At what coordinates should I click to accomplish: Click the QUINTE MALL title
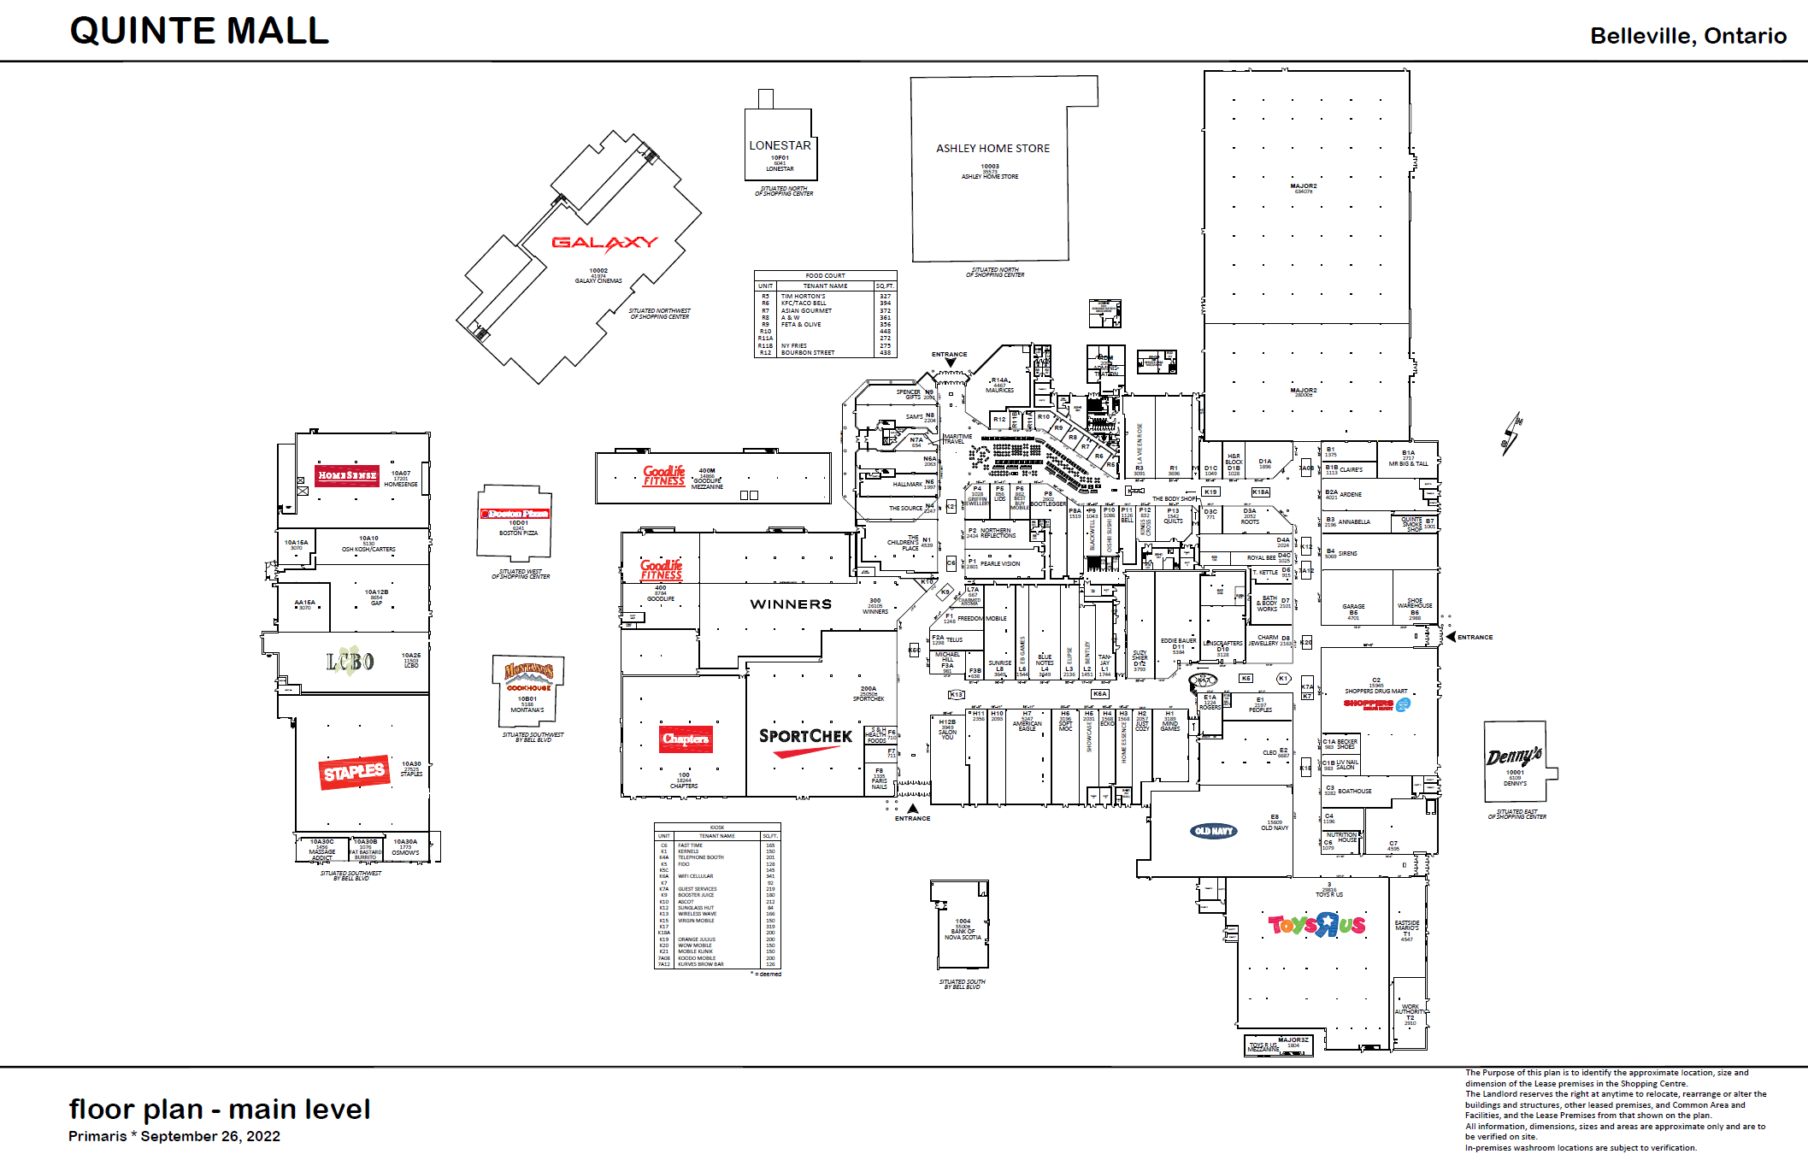pos(199,32)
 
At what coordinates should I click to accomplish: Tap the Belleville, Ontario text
pos(1687,36)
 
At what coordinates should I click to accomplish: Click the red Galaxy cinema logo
pos(604,244)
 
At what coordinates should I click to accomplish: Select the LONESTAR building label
pos(780,145)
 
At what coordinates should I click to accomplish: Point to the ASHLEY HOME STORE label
pos(992,149)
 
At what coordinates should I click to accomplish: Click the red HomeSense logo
pos(347,475)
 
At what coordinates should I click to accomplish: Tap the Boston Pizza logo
pos(515,514)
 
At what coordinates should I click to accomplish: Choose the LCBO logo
pos(350,661)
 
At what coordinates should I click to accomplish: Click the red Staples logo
pos(355,773)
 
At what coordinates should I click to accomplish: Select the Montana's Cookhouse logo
pos(528,674)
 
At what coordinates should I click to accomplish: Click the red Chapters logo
pos(686,739)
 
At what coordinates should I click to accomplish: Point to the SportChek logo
pos(805,739)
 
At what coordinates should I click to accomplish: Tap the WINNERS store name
pos(791,604)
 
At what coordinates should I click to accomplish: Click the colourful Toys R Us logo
pos(1316,925)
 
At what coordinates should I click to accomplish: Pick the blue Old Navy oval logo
pos(1214,831)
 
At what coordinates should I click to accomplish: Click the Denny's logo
pos(1514,757)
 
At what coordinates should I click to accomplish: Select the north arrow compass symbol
pos(1511,433)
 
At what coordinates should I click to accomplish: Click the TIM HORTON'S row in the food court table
pos(825,297)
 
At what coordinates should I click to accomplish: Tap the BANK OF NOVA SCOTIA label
pos(963,932)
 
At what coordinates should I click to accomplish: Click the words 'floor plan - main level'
pos(220,1110)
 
